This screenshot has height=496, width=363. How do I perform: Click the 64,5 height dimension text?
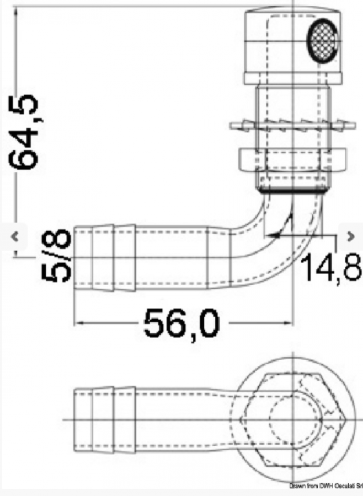(24, 132)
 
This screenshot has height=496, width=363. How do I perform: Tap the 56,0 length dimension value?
(181, 324)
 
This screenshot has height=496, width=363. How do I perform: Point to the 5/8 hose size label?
(56, 255)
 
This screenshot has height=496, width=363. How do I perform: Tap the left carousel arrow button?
(14, 236)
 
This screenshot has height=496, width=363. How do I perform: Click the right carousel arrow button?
(350, 236)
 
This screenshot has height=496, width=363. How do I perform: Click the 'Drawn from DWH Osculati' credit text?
(325, 493)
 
